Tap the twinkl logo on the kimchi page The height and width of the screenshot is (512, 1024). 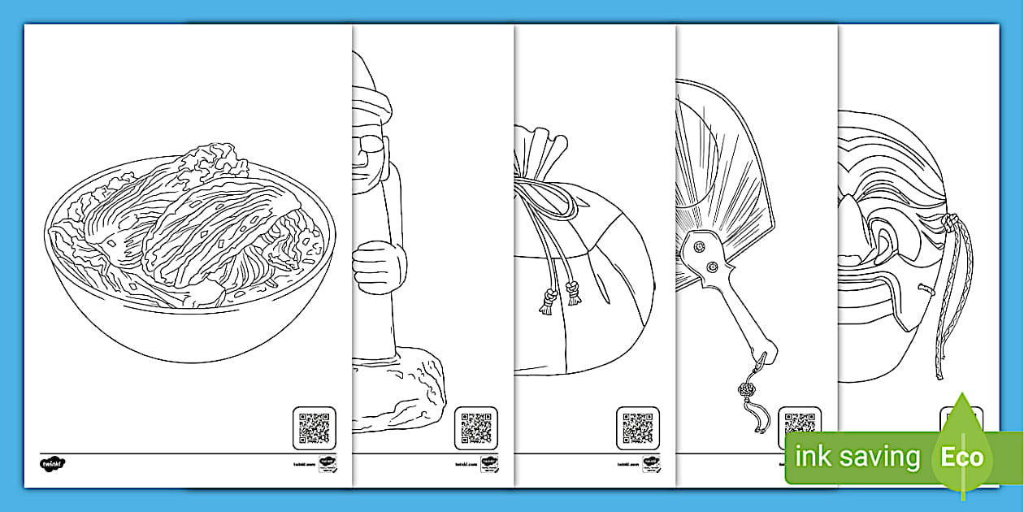(x=52, y=464)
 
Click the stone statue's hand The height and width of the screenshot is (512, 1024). (x=379, y=267)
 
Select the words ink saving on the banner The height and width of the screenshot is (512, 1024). (x=857, y=457)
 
